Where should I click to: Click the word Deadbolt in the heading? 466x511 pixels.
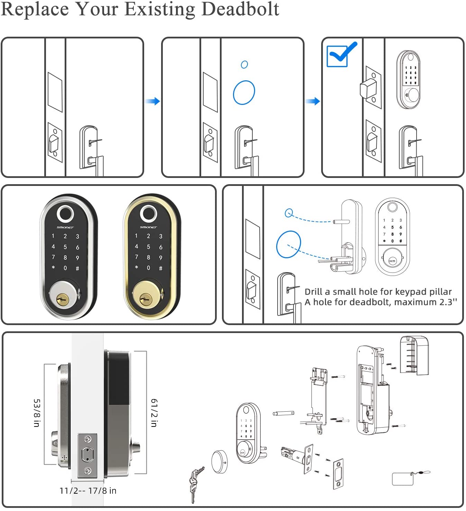tap(240, 9)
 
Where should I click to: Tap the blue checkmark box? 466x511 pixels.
tap(337, 56)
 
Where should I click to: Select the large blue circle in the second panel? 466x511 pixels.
tap(244, 92)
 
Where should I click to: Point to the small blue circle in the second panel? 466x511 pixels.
tap(244, 64)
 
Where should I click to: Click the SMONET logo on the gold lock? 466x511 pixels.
tap(148, 227)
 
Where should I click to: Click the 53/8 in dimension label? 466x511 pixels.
tap(37, 413)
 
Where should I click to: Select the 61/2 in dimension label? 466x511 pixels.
tap(154, 413)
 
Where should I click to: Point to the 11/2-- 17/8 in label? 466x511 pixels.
tap(88, 491)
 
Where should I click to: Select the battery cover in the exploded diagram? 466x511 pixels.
tap(414, 355)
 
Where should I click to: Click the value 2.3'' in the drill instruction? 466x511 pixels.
tap(448, 302)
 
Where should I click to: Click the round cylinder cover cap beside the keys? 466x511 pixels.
tap(220, 461)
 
